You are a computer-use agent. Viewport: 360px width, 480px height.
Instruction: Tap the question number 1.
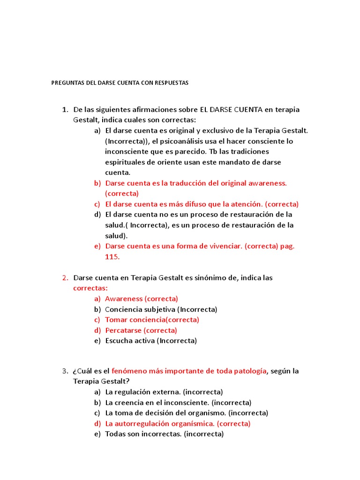pyautogui.click(x=64, y=110)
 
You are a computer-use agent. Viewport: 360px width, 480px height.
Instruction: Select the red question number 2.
pyautogui.click(x=64, y=278)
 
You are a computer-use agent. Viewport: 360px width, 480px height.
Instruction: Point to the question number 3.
pyautogui.click(x=64, y=371)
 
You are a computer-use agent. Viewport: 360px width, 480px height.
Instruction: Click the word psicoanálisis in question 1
pyautogui.click(x=180, y=141)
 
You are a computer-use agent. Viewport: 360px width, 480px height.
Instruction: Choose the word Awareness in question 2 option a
pyautogui.click(x=124, y=299)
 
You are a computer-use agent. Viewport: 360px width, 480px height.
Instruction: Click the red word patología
pyautogui.click(x=249, y=371)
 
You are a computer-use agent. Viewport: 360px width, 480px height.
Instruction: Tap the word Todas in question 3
pyautogui.click(x=115, y=434)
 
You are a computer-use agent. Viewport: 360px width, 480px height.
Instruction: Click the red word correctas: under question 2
pyautogui.click(x=90, y=288)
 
